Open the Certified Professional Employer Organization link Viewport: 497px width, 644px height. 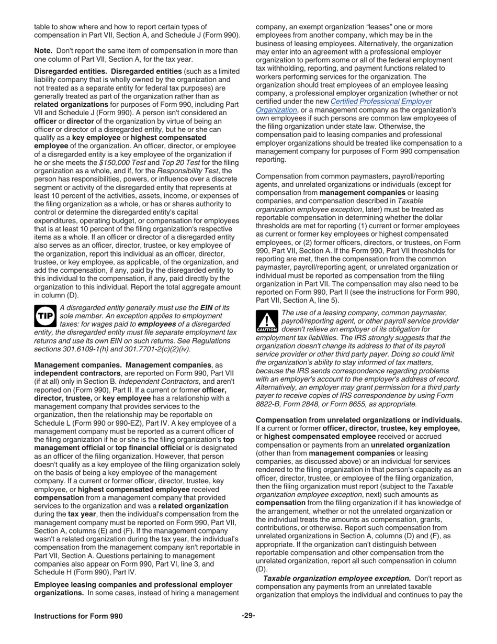tap(344, 105)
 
